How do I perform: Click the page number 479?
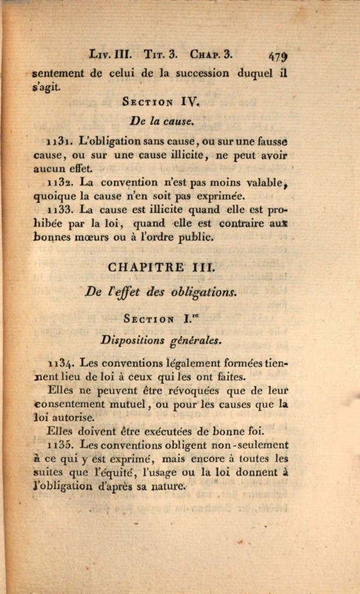pyautogui.click(x=278, y=57)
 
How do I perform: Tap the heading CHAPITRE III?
pyautogui.click(x=162, y=267)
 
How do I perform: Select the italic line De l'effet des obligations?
pyautogui.click(x=161, y=292)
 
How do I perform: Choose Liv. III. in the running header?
pyautogui.click(x=111, y=55)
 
